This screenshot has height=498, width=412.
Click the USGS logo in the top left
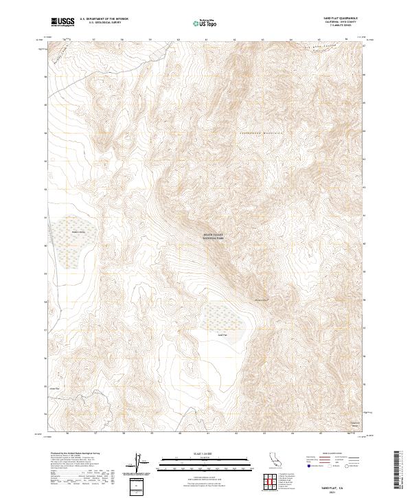(62, 22)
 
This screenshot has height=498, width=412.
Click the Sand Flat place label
(222, 334)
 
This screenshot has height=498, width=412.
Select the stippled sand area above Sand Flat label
(223, 316)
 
